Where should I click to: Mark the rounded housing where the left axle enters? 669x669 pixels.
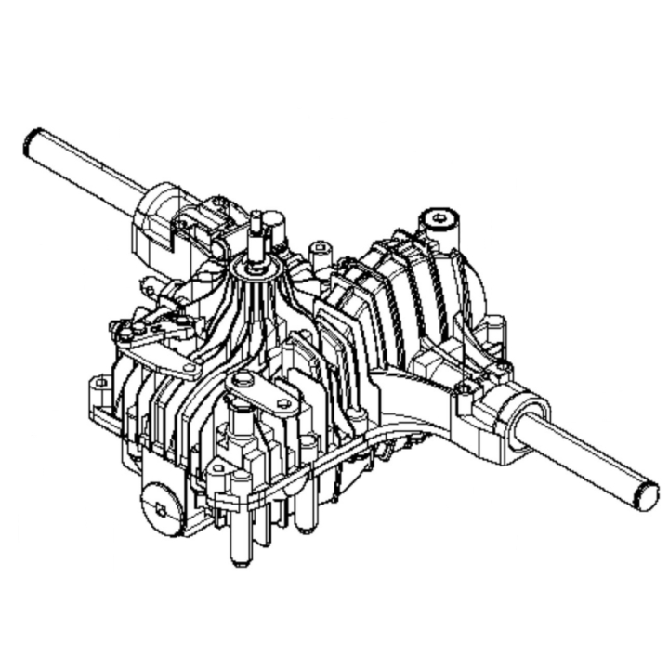pos(158,218)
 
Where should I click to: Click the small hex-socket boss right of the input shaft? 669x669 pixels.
pos(320,249)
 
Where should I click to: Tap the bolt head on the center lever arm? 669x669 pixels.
pos(243,380)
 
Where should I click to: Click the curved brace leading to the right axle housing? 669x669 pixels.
pos(409,390)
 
